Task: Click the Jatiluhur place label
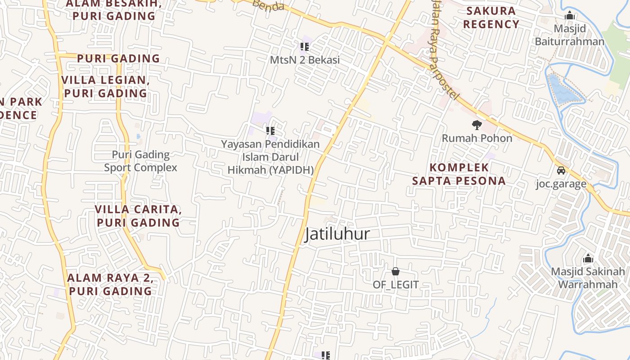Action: [x=337, y=234]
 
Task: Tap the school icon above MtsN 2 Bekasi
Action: [x=305, y=46]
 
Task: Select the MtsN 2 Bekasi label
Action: [x=305, y=60]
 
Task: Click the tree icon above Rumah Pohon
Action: [x=477, y=125]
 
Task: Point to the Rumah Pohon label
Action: [x=477, y=138]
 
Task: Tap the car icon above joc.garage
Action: [x=561, y=171]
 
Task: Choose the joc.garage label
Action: [x=561, y=184]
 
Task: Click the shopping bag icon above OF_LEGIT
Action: [x=396, y=271]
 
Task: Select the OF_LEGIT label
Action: [x=396, y=285]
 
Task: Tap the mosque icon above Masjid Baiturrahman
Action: [x=570, y=16]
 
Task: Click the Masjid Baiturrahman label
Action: [x=570, y=35]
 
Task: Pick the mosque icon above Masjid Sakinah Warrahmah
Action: [x=588, y=259]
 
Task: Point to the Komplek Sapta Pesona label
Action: [x=459, y=174]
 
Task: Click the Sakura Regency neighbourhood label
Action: [x=491, y=18]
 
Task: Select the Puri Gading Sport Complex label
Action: [x=141, y=161]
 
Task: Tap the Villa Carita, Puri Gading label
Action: [x=138, y=216]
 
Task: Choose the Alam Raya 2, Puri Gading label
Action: [x=110, y=284]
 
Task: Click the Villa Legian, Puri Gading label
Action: [x=105, y=87]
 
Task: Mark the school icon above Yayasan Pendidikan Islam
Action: [x=270, y=131]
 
